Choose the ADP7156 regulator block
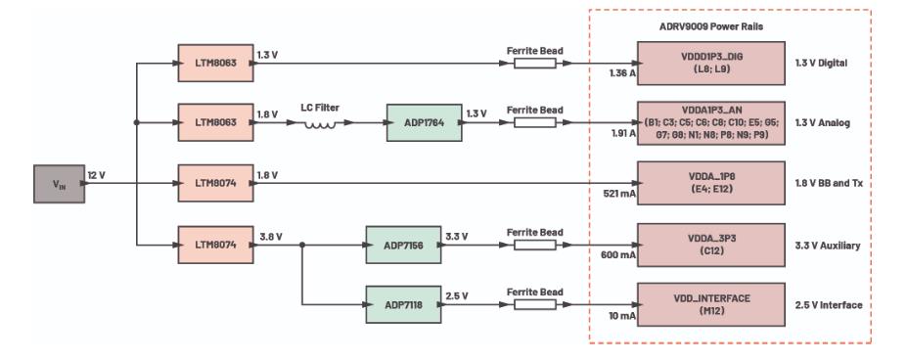tap(402, 244)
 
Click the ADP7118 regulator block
tap(402, 304)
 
